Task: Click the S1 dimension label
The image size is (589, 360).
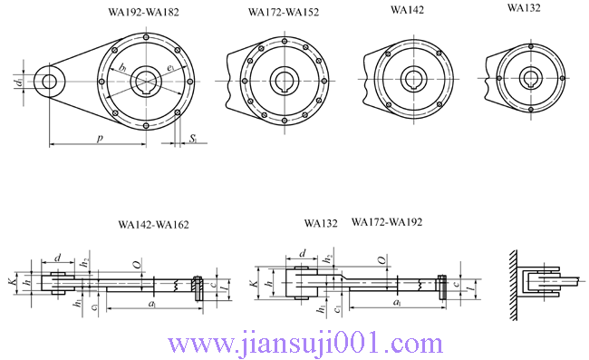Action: point(193,138)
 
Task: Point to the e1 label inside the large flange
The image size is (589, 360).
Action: point(171,68)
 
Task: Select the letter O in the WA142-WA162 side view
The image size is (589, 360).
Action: point(136,265)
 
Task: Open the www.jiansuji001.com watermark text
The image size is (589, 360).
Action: point(294,344)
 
